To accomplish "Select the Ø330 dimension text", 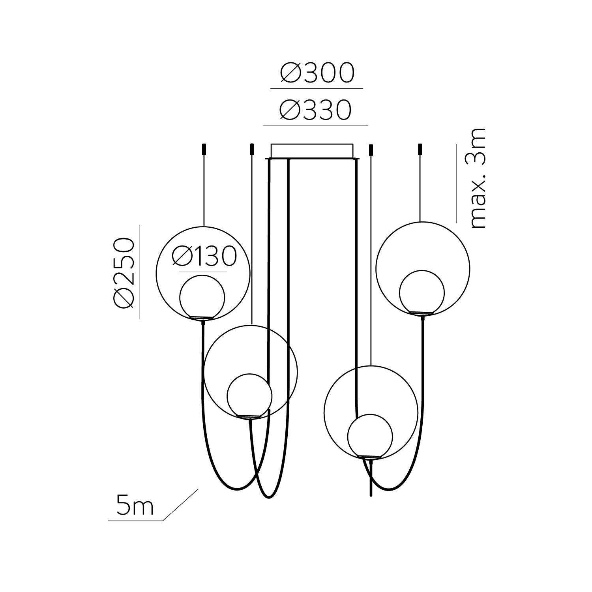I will (x=315, y=110).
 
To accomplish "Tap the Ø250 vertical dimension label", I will (x=124, y=272).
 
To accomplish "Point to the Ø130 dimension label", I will (x=204, y=256).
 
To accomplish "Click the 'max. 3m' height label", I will (x=478, y=178).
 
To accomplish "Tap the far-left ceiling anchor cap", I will (x=204, y=150).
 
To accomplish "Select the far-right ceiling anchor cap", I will (x=420, y=150).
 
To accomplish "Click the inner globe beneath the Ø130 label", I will (x=202, y=296).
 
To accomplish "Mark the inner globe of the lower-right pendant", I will (x=370, y=436).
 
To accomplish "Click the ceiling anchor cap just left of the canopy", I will (x=251, y=150).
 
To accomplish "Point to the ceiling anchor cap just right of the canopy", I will (x=371, y=150).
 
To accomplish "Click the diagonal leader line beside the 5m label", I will (x=180, y=505).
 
